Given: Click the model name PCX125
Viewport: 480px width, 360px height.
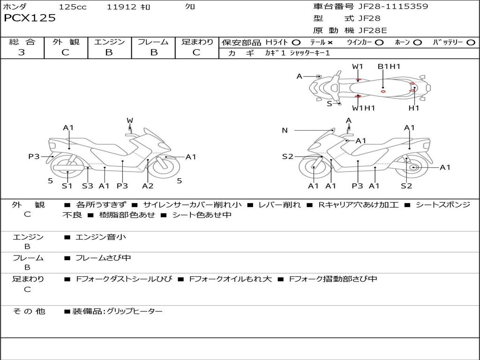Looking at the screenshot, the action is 30,18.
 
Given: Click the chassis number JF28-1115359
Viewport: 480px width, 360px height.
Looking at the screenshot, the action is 393,6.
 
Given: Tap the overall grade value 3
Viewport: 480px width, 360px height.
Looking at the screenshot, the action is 22,52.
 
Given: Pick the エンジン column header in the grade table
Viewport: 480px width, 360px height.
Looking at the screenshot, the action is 109,42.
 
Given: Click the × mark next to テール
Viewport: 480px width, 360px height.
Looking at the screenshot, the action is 330,43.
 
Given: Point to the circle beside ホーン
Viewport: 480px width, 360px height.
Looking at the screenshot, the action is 417,43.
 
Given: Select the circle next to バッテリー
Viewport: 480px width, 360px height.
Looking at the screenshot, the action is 471,43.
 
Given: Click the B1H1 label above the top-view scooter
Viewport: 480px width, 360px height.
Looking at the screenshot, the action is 389,67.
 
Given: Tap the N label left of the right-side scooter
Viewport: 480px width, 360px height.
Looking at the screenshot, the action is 285,130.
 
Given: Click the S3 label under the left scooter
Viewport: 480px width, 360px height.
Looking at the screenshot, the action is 88,186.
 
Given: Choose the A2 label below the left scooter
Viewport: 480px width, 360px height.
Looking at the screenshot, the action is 148,186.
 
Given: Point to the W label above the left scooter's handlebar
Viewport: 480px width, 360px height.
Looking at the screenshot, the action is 130,120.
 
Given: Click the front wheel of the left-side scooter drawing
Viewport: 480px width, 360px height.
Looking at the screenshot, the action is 166,167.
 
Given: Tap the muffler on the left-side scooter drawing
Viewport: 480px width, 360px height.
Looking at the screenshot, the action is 68,168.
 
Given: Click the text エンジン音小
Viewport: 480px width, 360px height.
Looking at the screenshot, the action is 101,237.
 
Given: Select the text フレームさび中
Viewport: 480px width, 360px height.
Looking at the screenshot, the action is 103,258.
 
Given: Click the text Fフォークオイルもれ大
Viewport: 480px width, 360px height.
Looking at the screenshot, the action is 231,279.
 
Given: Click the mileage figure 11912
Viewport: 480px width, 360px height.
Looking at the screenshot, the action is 121,7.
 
